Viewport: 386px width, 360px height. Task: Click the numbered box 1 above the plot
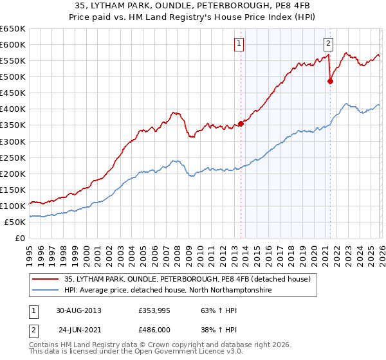[x=239, y=44]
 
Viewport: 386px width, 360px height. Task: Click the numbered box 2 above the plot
[x=328, y=44]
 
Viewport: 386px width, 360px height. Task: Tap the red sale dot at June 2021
[x=330, y=81]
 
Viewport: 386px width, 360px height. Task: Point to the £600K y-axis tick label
[x=13, y=45]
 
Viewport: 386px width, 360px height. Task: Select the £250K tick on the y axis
[x=13, y=157]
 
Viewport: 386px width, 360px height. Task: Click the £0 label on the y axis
[x=19, y=239]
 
